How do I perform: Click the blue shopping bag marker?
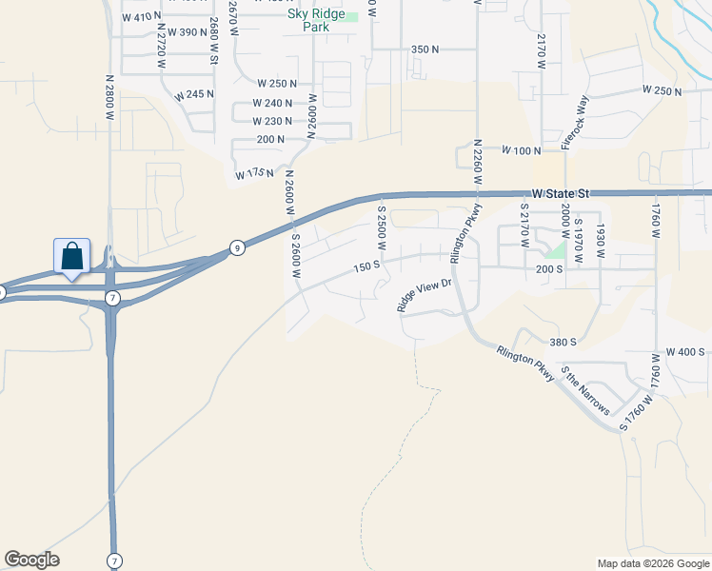pos(72,257)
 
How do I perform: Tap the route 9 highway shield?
pos(237,248)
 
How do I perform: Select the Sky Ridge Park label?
pos(315,21)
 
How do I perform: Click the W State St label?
pos(561,193)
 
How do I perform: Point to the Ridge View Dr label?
pos(423,295)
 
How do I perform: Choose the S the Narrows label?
pos(584,390)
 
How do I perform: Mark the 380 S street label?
pos(564,342)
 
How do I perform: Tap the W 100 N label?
pos(522,151)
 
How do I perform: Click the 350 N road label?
pos(425,49)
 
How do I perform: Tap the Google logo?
pos(31,560)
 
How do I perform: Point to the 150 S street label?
pos(366,267)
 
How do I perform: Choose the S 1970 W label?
pos(579,232)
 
